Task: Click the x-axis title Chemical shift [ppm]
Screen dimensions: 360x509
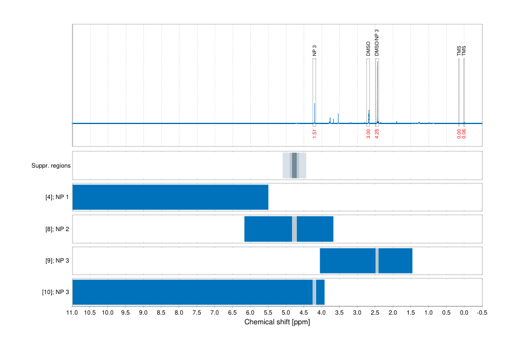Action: pos(277,322)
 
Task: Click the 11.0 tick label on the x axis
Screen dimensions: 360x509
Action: pos(72,313)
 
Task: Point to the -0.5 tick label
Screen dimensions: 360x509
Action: pos(482,313)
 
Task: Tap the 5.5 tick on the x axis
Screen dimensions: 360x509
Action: pos(268,313)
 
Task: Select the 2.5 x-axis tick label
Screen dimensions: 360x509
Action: pos(375,313)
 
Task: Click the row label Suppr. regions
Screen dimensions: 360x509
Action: pos(51,165)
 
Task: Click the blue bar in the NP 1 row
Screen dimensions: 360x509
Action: pos(170,197)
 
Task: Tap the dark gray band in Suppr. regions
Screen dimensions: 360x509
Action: pos(294,165)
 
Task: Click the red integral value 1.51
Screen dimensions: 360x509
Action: pos(314,133)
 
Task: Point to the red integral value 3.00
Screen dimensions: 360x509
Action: pos(368,133)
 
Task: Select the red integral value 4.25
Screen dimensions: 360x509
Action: pos(377,133)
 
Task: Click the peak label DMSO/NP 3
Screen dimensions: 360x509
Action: pos(377,43)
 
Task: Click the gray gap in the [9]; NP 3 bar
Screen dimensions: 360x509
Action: pos(377,261)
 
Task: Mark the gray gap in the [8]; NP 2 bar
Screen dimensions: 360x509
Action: pos(294,229)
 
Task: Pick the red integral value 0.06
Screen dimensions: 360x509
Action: pos(464,133)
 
